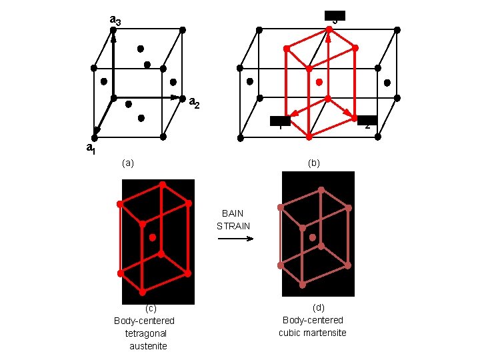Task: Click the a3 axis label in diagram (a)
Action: (115, 21)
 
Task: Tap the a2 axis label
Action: (195, 103)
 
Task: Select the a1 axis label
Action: (91, 149)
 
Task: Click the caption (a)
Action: (128, 163)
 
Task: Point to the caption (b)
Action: (313, 163)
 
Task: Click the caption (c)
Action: (151, 308)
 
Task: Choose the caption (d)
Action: (318, 307)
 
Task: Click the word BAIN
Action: (233, 213)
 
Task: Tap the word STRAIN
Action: (233, 226)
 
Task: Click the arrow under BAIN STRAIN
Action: (235, 238)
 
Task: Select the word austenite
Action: (149, 346)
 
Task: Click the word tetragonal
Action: (145, 333)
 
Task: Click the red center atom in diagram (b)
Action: (319, 82)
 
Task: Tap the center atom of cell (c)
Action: (153, 237)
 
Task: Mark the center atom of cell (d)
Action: (312, 237)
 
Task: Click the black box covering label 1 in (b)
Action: (280, 121)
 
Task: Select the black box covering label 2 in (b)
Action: (367, 121)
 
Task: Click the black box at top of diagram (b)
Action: (335, 15)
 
